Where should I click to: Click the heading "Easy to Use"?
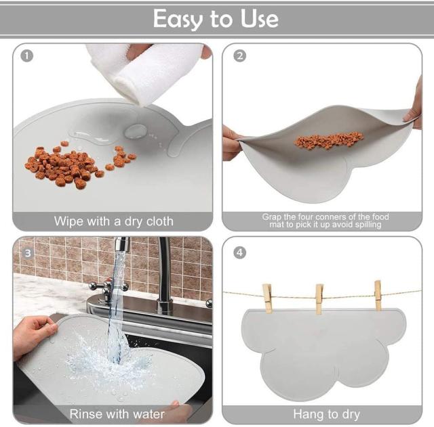[216, 19]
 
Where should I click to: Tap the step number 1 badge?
[27, 56]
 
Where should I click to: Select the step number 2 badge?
[239, 56]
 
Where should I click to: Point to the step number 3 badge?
[28, 253]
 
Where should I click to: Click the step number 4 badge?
[239, 252]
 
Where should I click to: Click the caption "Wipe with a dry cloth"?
[114, 221]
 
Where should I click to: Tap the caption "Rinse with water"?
[117, 414]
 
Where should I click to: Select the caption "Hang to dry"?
[327, 414]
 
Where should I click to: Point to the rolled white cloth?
[144, 72]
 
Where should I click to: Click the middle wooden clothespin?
[319, 299]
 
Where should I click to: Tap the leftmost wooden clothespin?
[267, 298]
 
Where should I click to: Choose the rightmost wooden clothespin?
[378, 296]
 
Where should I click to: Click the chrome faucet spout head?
[122, 244]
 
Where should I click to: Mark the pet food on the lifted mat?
[328, 140]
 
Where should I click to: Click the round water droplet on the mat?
[135, 131]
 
